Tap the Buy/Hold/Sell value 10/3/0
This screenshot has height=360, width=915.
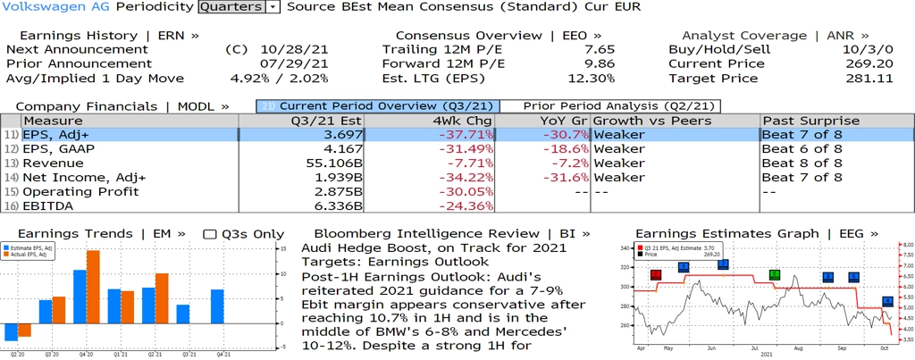(x=870, y=49)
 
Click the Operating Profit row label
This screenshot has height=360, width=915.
(x=80, y=192)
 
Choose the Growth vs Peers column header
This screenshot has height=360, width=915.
(x=652, y=121)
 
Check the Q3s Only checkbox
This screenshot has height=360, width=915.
(x=210, y=234)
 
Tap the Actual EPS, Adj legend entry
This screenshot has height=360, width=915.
(x=33, y=254)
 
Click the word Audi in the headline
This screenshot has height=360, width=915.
(x=319, y=247)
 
